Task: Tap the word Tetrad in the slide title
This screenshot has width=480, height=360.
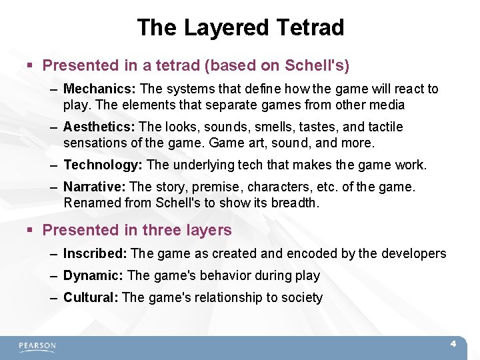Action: point(312,27)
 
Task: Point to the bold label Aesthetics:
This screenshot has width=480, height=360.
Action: point(99,127)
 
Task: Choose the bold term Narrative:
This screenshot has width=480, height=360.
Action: point(95,187)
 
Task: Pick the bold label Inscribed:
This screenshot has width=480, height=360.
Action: point(95,253)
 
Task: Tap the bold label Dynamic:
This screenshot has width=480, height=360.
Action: point(93,275)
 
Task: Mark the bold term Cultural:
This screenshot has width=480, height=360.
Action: point(91,297)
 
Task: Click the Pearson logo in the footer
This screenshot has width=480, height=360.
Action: point(37,346)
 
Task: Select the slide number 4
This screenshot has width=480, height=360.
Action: point(453,344)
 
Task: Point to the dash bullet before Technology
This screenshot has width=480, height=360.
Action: point(53,165)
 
